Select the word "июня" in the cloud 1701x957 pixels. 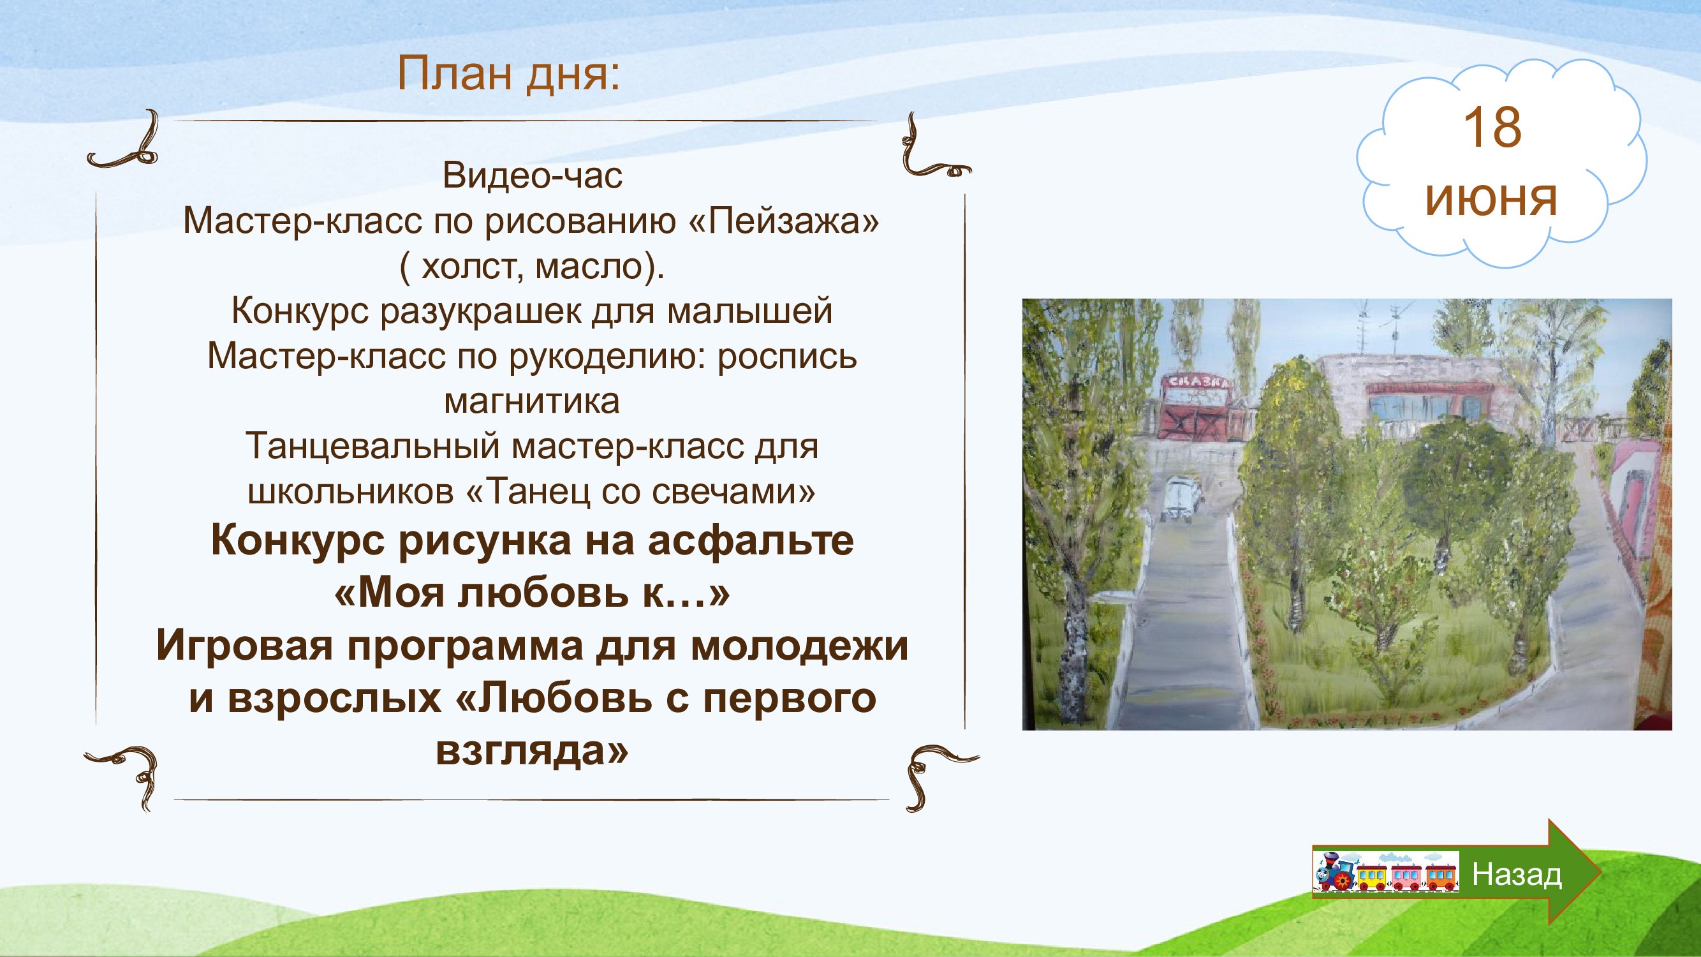[x=1492, y=199]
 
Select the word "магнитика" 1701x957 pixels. [x=532, y=401]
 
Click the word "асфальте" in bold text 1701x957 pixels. [x=750, y=541]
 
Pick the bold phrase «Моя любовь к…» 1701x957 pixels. [x=532, y=593]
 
